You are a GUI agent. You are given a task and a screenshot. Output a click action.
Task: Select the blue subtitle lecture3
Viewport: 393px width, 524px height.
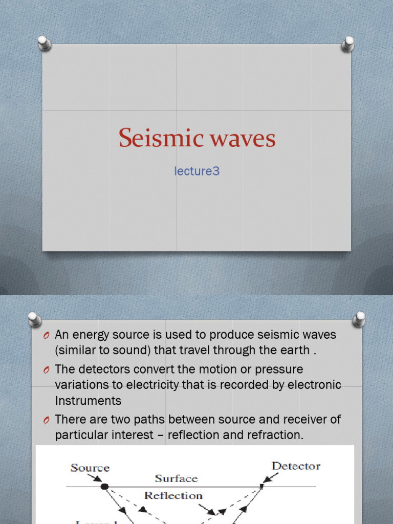point(197,171)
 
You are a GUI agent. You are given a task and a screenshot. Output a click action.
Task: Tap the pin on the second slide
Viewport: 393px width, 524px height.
point(35,319)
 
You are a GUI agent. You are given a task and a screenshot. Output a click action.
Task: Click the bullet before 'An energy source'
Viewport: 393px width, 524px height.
point(47,336)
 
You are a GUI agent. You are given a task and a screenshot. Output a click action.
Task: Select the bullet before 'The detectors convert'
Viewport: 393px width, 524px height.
point(47,370)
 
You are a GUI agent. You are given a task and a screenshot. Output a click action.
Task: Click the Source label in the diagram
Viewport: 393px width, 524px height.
point(90,468)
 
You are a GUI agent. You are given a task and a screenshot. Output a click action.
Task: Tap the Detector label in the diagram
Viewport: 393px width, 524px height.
point(296,466)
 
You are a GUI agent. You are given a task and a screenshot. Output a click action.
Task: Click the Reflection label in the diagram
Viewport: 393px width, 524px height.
point(173,495)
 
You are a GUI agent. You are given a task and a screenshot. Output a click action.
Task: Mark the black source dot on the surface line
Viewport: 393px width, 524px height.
point(105,486)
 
